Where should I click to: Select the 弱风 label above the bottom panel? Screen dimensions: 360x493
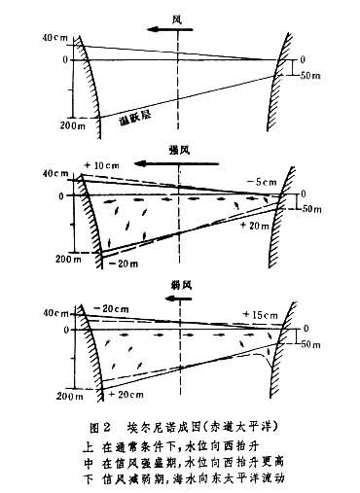[x=179, y=287]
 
